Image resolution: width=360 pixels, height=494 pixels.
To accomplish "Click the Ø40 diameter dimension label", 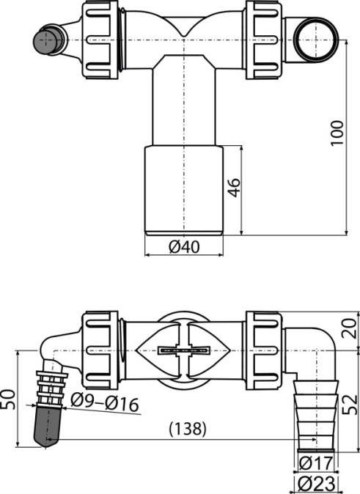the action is point(185,247).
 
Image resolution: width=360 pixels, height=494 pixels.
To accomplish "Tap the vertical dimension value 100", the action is point(337,133).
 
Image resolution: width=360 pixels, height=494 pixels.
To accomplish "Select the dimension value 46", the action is point(234,188).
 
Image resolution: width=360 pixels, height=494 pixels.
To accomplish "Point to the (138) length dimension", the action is point(188,429).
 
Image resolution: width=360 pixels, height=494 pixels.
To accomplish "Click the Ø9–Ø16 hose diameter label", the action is point(105,402).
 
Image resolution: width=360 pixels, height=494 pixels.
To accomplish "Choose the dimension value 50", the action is point(8,399).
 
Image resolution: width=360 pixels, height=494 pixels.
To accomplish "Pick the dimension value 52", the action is point(351,404).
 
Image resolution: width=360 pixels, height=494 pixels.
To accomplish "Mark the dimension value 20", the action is point(352,328).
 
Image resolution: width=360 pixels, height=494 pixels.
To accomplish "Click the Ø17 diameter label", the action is point(315,462).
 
